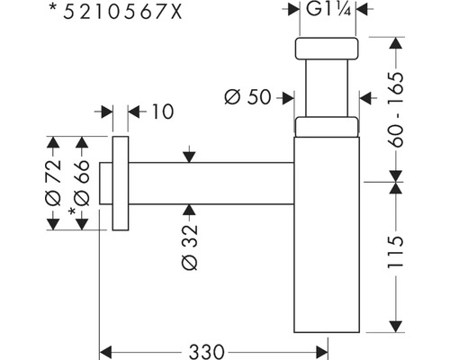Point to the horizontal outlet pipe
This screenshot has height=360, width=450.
[x=211, y=184]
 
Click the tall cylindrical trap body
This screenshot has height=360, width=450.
[x=328, y=234]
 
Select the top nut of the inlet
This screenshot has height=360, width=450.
[x=328, y=49]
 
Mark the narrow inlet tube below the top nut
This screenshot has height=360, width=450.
[x=328, y=90]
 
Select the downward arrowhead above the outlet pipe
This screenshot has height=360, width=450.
[x=188, y=157]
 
